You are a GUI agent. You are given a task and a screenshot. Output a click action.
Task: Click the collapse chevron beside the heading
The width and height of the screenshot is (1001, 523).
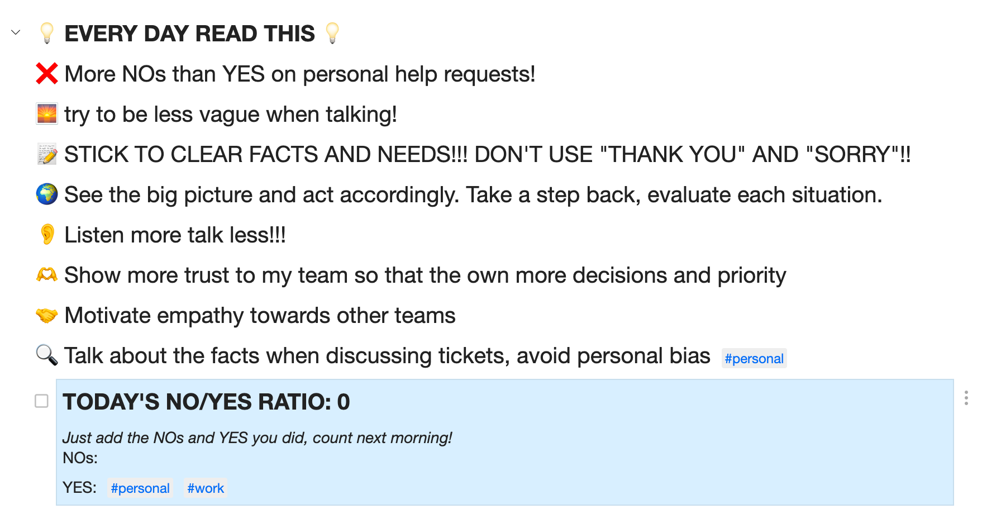pyautogui.click(x=16, y=32)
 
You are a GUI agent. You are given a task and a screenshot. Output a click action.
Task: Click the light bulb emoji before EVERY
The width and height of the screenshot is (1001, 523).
pyautogui.click(x=47, y=33)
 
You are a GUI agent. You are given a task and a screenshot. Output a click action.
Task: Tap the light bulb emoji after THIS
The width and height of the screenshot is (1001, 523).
pyautogui.click(x=332, y=33)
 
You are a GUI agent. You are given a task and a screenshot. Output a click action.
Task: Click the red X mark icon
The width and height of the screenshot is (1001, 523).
pyautogui.click(x=47, y=74)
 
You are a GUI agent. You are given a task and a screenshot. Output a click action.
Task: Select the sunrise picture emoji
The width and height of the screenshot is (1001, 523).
pyautogui.click(x=47, y=114)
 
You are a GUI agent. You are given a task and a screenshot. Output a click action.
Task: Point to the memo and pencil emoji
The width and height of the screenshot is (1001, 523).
pyautogui.click(x=47, y=154)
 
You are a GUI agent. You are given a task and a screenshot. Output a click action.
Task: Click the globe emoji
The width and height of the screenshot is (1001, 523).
pyautogui.click(x=47, y=194)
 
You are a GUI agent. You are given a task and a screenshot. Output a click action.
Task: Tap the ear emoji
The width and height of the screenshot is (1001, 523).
pyautogui.click(x=47, y=235)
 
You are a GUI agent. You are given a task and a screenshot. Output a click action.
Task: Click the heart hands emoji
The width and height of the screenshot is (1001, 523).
pyautogui.click(x=47, y=275)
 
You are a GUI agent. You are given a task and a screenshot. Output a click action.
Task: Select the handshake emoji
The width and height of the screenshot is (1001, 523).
pyautogui.click(x=47, y=316)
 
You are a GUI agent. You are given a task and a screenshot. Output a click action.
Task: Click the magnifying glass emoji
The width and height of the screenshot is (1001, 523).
pyautogui.click(x=47, y=355)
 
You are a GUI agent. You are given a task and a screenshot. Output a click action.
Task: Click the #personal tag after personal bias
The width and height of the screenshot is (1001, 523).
pyautogui.click(x=754, y=359)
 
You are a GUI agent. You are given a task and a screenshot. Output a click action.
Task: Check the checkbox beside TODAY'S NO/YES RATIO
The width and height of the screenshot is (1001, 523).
pyautogui.click(x=41, y=401)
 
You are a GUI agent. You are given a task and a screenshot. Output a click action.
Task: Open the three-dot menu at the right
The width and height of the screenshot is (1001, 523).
pyautogui.click(x=966, y=398)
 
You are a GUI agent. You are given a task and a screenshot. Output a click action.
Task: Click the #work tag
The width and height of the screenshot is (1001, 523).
pyautogui.click(x=206, y=488)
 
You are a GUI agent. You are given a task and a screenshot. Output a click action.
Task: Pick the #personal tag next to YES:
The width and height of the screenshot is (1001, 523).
pyautogui.click(x=140, y=488)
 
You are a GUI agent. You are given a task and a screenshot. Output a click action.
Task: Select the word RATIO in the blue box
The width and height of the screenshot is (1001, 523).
pyautogui.click(x=288, y=402)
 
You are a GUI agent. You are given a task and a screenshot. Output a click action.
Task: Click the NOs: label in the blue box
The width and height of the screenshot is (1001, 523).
pyautogui.click(x=80, y=458)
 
